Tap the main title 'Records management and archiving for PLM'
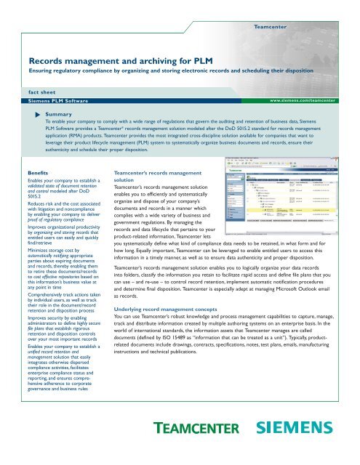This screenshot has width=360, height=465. point(116,63)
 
